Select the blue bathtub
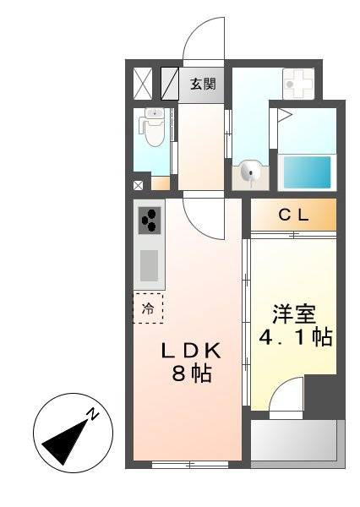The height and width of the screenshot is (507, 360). pos(306,172)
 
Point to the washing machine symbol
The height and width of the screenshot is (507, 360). pos(297,84)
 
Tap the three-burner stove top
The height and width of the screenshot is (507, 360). pos(150,221)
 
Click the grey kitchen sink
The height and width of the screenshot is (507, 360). pos(150,264)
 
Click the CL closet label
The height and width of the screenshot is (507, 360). pos(293,215)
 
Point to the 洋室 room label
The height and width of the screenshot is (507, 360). pos(293,313)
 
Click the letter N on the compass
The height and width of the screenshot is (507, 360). pos(94,415)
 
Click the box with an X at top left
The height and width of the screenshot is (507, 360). pos(143,84)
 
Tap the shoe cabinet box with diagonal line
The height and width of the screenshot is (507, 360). pos(169,83)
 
